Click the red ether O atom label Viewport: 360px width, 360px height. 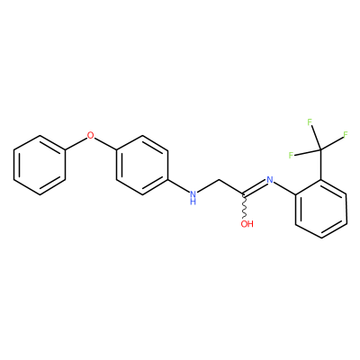[90, 135]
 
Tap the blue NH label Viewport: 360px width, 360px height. [193, 197]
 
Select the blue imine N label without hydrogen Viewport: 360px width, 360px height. [270, 180]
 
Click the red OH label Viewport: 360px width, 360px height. [247, 224]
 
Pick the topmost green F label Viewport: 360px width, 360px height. [310, 122]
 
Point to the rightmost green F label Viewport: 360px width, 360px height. [346, 134]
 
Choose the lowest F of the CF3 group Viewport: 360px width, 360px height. [291, 155]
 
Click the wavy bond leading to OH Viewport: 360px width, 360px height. [246, 207]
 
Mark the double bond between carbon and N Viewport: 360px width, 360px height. [256, 187]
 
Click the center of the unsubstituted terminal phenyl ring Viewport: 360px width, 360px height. [40, 166]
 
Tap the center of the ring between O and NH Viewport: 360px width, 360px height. [142, 166]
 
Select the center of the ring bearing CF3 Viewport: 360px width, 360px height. [321, 210]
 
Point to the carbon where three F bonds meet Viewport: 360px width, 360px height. [320, 150]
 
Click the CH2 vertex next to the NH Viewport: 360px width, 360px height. [220, 180]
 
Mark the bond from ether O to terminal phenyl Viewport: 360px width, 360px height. [76, 144]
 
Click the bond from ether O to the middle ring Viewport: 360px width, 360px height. [105, 144]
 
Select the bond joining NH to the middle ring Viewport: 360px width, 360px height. [179, 186]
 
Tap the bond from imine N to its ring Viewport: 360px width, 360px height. [284, 189]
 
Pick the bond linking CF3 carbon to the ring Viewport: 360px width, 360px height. [321, 165]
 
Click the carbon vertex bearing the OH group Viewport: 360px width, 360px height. [245, 195]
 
